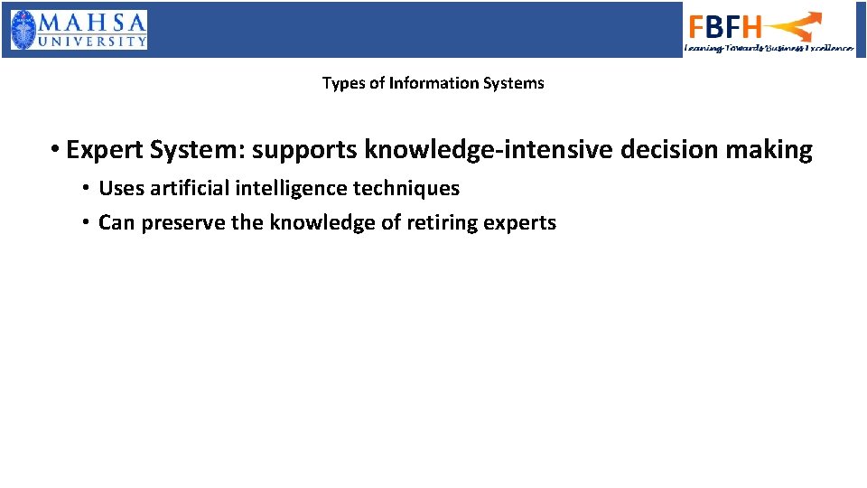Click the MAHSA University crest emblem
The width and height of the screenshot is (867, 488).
24,30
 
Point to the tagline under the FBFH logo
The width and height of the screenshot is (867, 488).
769,48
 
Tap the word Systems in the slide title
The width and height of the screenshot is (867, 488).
514,83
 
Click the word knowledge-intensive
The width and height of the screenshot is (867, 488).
489,150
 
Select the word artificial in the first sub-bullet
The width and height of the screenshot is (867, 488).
188,189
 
